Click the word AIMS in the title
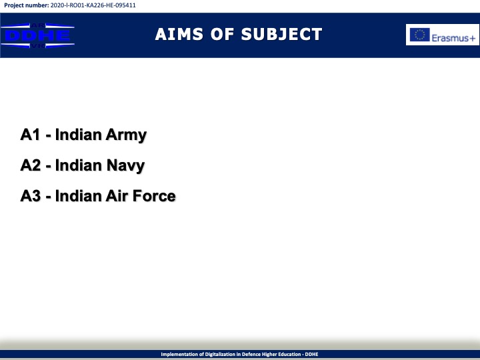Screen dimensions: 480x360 pos(179,34)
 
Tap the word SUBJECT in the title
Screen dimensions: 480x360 pos(281,34)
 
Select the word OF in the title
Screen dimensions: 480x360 pos(222,34)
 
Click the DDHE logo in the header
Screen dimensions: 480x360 pos(37,35)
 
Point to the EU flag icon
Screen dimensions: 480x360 pos(420,35)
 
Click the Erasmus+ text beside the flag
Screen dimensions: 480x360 pos(453,38)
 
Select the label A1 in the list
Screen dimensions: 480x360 pos(30,135)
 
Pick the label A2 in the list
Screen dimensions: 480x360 pos(30,165)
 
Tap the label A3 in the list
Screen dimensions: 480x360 pos(30,196)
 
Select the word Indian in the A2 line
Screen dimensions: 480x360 pos(79,165)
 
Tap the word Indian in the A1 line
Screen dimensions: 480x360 pos(79,135)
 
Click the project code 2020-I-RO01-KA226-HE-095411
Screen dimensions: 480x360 pos(93,5)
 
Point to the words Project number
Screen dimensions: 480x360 pos(26,5)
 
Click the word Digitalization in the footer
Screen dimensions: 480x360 pos(220,354)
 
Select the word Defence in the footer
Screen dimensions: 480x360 pos(251,354)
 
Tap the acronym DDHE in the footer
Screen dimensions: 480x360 pos(311,354)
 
